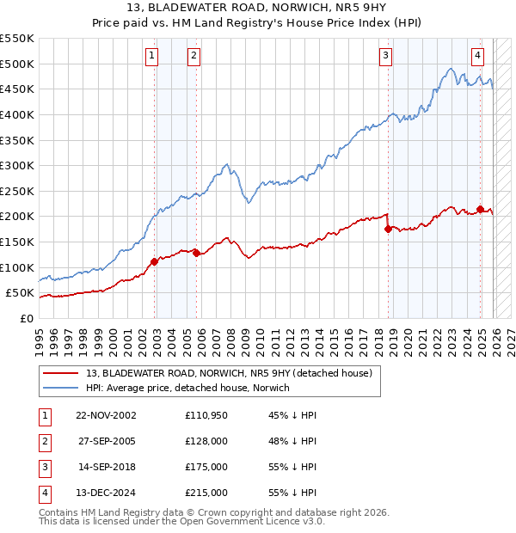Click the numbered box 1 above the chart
pos(151,56)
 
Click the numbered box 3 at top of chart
pos(386,56)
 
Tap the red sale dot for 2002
pos(155,261)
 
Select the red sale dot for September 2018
pos(389,229)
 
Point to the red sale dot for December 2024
pos(480,209)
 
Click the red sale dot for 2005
pos(196,253)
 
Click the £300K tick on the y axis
pos(17,165)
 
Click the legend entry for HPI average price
pos(187,388)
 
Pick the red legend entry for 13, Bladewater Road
pos(228,373)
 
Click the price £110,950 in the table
pos(206,415)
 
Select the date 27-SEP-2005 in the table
pos(106,441)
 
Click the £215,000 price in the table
pos(206,493)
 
